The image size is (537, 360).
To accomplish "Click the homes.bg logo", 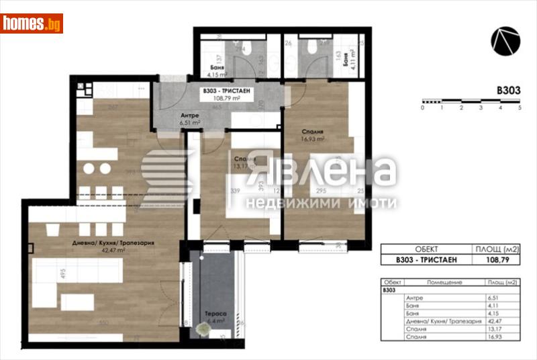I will pos(32,24).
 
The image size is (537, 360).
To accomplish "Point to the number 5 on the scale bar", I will pos(520,107).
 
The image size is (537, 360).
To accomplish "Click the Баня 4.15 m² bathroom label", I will pos(215,71).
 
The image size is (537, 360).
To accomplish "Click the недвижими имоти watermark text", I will pos(321,202).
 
